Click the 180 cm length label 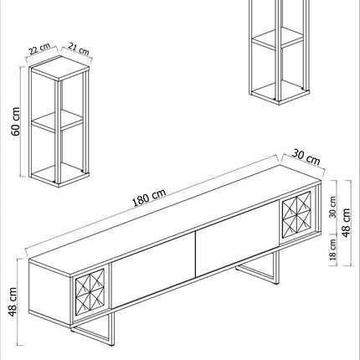(x=149, y=198)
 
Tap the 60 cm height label (x=16, y=121)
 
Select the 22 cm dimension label (x=40, y=49)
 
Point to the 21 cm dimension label (x=79, y=49)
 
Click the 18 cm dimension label (x=333, y=249)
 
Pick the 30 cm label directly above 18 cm (x=332, y=207)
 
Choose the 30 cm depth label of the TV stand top (x=306, y=157)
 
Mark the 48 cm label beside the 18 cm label (x=346, y=223)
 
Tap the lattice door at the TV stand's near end (x=90, y=292)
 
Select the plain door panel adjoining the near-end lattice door (x=153, y=270)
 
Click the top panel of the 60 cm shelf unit (x=59, y=68)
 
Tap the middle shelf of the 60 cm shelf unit (x=57, y=121)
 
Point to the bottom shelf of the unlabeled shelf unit (x=280, y=93)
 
